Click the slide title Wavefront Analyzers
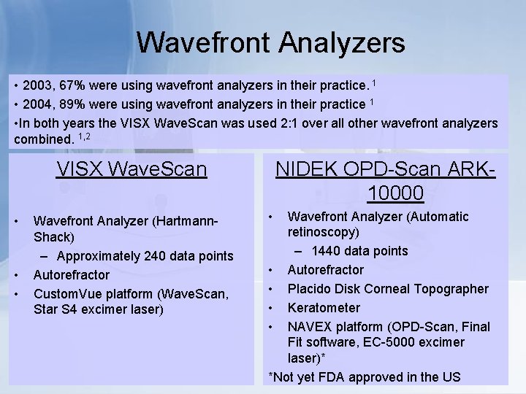270,42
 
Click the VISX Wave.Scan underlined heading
131,170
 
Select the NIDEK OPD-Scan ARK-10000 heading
385,181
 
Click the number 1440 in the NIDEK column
325,251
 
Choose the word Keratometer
324,308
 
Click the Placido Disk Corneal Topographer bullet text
388,289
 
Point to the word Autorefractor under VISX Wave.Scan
72,275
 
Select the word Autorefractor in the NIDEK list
326,270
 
